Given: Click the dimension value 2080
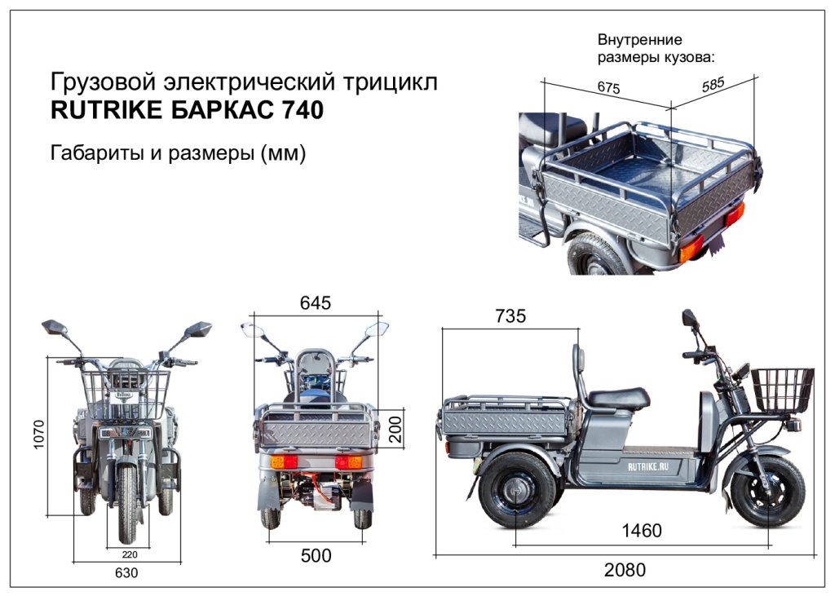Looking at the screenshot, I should [624, 570].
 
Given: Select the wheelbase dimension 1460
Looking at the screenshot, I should [642, 532].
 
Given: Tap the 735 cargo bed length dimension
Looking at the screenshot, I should [510, 316].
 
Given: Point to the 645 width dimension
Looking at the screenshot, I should [316, 302].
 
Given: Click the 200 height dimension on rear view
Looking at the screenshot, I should [395, 426].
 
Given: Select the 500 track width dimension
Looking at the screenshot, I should [316, 556].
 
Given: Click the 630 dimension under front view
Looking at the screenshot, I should [126, 573].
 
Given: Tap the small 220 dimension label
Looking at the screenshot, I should [127, 554].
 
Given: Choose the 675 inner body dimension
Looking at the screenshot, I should [609, 88].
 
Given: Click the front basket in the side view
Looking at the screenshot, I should [782, 390].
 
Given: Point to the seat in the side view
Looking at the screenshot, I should [617, 398].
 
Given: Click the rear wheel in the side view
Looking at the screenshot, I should [516, 489].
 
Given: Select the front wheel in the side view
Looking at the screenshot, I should [767, 491].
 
